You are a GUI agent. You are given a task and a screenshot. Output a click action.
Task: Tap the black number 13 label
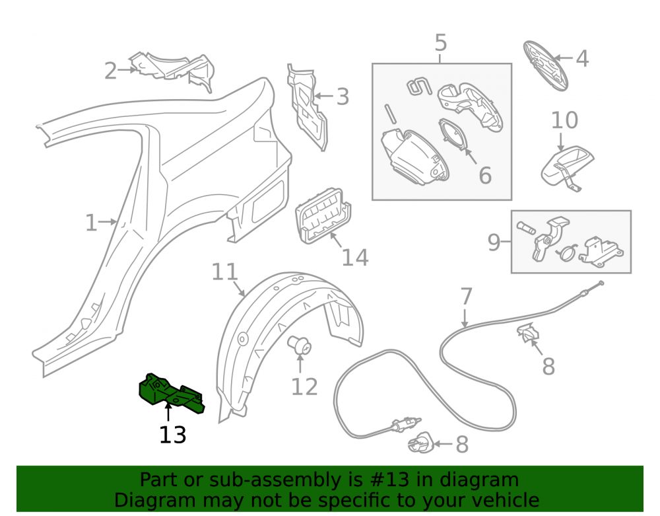172,435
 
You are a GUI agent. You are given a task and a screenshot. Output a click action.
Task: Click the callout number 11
225,272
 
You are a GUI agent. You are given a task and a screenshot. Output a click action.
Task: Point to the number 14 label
355,258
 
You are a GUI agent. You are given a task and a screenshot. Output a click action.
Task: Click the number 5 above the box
440,42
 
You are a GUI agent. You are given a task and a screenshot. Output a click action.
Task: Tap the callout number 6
485,175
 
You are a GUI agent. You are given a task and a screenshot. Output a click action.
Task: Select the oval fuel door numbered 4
546,66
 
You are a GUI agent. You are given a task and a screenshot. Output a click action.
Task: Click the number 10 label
564,120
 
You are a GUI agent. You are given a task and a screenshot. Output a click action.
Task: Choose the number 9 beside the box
494,242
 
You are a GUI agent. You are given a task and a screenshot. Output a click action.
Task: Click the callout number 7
466,297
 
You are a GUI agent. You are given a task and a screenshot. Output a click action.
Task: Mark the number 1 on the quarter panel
91,223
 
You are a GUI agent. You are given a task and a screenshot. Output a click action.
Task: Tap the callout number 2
110,71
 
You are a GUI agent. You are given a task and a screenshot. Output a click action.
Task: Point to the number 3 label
343,97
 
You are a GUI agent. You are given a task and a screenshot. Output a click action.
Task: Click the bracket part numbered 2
172,70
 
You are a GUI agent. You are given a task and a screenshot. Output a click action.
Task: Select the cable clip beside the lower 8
420,443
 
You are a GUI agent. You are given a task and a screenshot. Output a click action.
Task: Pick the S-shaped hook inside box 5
419,86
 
